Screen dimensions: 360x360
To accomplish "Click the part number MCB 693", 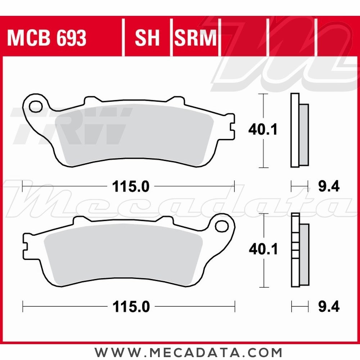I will (47, 38).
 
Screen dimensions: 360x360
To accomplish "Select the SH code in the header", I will (147, 38).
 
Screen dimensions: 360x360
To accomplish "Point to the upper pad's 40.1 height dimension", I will (263, 130).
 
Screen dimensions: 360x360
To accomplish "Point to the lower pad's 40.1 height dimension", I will (263, 249).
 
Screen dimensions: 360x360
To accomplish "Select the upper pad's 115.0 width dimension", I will (130, 186).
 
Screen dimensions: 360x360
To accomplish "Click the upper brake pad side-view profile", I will (299, 130).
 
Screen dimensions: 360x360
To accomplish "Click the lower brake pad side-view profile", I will (299, 250).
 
